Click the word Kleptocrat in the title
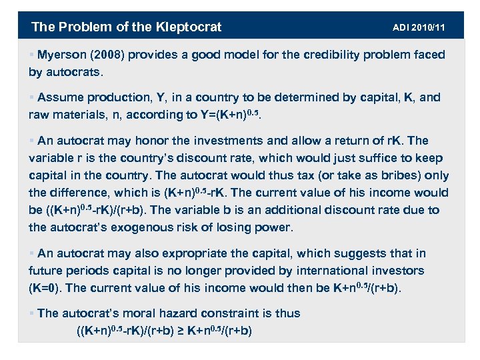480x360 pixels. coord(189,27)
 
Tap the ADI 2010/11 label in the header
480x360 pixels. coord(419,28)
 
